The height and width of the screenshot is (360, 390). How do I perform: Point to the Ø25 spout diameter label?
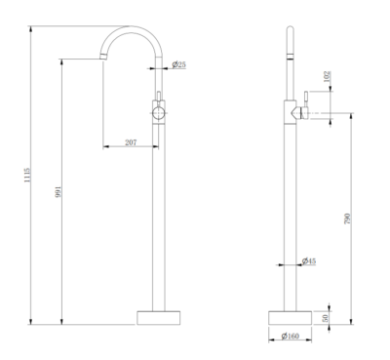[x=180, y=64]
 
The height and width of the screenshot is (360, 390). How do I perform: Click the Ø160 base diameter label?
[x=290, y=337]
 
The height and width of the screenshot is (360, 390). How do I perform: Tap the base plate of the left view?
[x=160, y=317]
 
